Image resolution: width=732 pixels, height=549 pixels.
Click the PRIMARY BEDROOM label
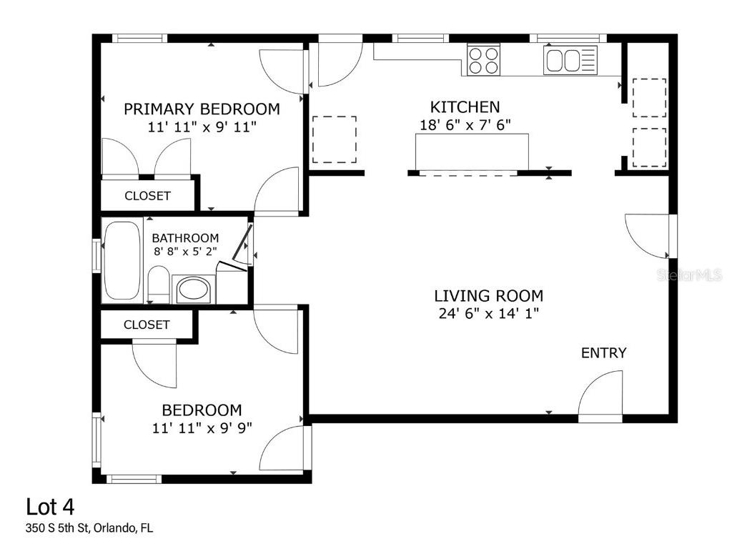click(x=202, y=109)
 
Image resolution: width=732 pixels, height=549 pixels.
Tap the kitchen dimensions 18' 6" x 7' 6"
click(x=465, y=124)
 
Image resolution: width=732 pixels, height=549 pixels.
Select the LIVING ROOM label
click(x=489, y=295)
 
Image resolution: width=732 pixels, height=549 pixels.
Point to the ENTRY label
click(x=603, y=352)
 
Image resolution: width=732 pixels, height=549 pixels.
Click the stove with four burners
click(x=483, y=60)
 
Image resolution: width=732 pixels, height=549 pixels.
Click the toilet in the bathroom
click(x=159, y=285)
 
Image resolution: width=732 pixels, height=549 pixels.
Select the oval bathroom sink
click(x=192, y=290)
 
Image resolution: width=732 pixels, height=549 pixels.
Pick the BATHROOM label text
click(x=185, y=238)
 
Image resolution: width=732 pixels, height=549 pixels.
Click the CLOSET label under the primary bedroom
click(x=147, y=195)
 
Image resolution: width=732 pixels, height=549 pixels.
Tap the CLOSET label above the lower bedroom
click(x=147, y=325)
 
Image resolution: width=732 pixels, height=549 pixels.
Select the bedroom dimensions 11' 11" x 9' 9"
click(x=202, y=428)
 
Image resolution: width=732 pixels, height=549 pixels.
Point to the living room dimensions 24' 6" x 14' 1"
click(x=489, y=313)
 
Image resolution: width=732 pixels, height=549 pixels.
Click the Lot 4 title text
click(x=50, y=507)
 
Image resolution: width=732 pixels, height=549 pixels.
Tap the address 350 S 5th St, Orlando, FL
click(x=89, y=529)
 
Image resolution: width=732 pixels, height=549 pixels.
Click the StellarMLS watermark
click(x=689, y=274)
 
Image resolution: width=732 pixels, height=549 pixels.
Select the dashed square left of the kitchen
click(x=335, y=139)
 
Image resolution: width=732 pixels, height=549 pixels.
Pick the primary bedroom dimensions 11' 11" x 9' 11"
click(x=202, y=127)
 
